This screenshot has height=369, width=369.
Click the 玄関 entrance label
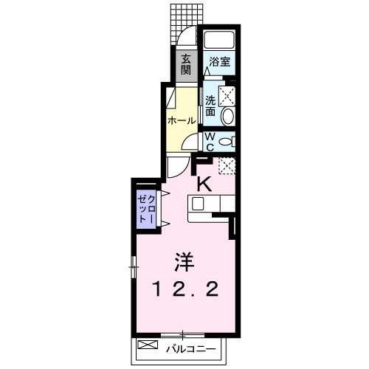pos(186,64)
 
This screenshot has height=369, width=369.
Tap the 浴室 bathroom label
pos(220,61)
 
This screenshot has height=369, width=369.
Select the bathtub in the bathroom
pos(219,40)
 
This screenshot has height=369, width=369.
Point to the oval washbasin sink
pos(228,117)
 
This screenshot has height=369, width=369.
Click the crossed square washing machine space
pos(227,96)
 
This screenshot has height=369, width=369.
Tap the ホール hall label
pos(182,120)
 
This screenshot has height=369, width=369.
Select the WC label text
pos(210,142)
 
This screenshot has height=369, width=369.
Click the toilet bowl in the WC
pos(227,142)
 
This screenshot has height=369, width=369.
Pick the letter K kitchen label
pos(204,184)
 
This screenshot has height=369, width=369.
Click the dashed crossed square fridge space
pos(227,166)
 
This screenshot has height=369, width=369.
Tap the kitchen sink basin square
pos(198,204)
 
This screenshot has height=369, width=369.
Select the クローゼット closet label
pos(147,209)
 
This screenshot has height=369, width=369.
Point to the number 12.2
pos(186,289)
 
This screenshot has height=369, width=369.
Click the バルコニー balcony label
pos(191,349)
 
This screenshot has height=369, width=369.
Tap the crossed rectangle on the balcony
pos(148,345)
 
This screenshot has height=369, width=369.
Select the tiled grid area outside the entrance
pos(187,24)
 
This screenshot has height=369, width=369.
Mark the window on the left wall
pos(134,267)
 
